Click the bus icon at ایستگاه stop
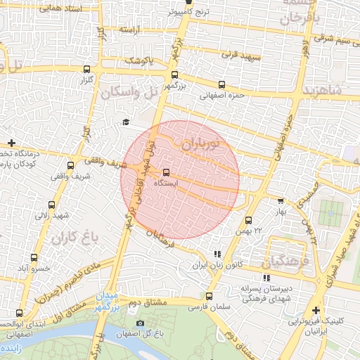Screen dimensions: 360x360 pos(167,172)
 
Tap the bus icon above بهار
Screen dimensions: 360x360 pos(281,201)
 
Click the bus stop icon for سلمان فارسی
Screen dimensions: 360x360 pos(209,296)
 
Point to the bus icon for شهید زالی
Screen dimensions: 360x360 pos(50,204)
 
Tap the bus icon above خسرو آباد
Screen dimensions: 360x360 pos(32,259)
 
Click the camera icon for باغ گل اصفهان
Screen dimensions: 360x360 pos(141,323)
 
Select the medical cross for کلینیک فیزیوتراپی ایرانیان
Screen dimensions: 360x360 pos(316,310)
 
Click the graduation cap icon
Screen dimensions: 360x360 pos(126,122)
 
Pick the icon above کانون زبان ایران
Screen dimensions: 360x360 pos(217,254)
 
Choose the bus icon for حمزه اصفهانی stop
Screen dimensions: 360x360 pos(222,85)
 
